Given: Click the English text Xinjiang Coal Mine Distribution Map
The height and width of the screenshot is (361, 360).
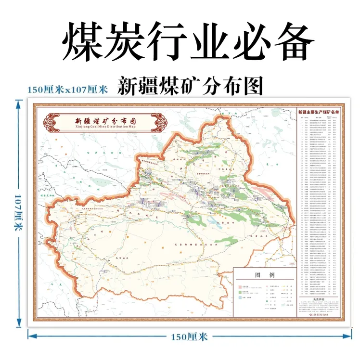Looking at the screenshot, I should tap(105, 129).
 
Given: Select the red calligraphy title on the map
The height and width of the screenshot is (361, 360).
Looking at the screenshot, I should tap(105, 121).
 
